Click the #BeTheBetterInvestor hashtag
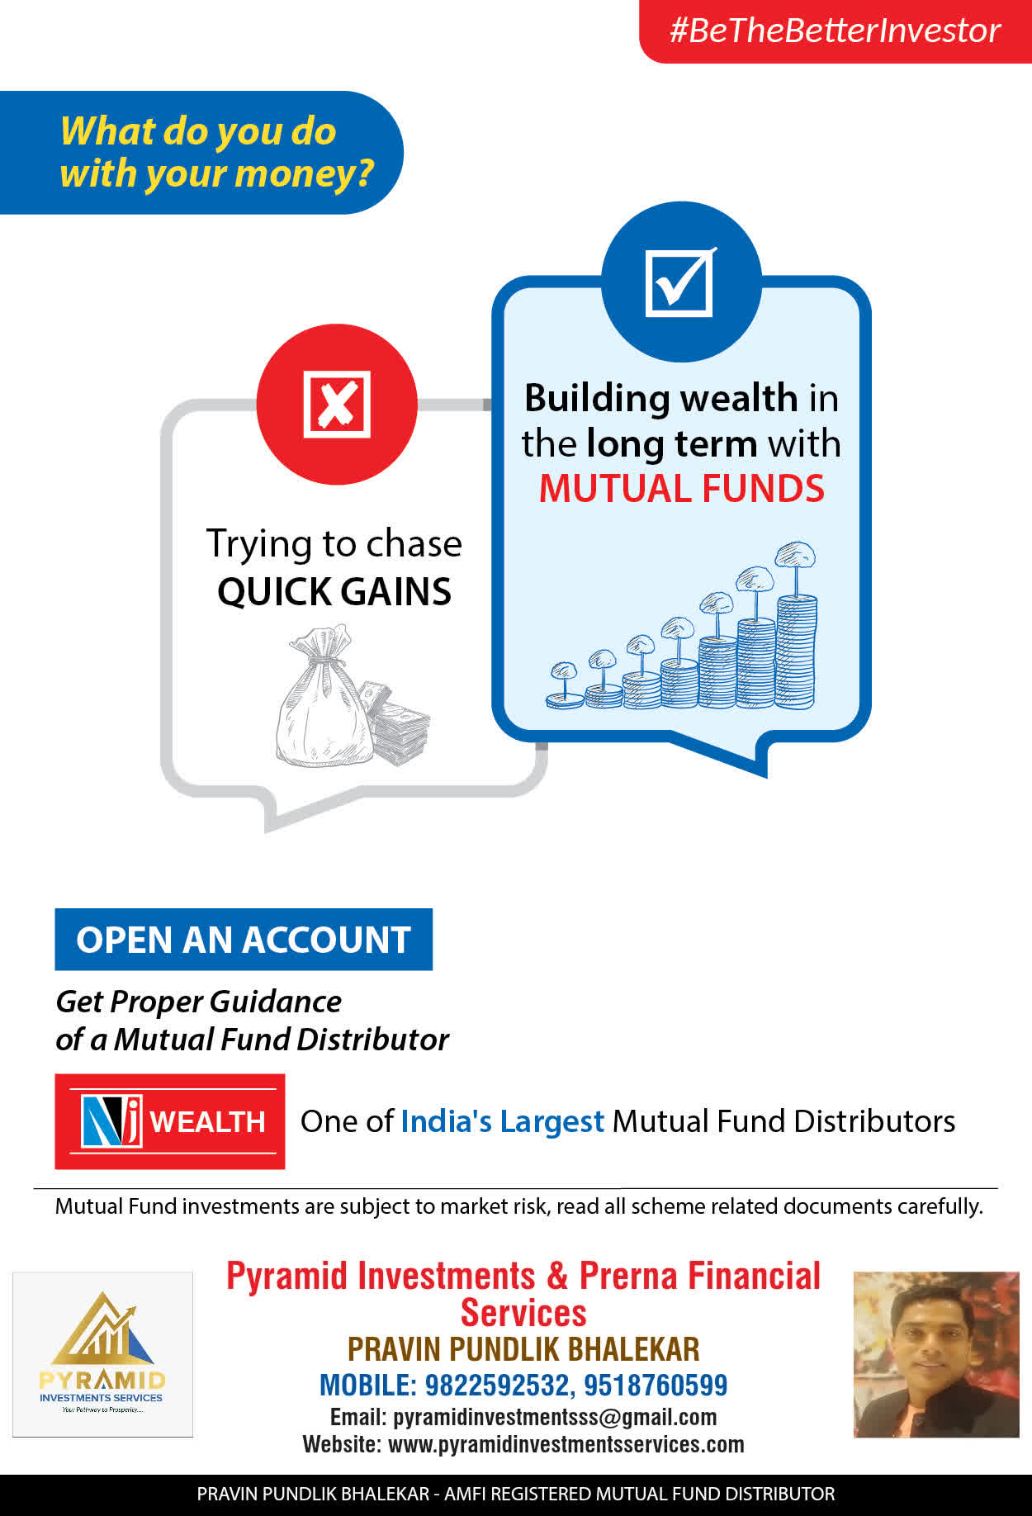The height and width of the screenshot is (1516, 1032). point(835,31)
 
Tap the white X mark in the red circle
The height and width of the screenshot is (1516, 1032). point(337,404)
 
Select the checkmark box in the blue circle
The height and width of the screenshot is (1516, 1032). point(680,282)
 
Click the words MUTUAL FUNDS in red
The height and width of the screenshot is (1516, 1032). point(682,488)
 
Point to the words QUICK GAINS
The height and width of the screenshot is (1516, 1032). point(334,591)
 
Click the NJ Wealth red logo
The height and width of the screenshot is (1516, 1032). point(170,1121)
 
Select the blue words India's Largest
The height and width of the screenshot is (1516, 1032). point(503,1121)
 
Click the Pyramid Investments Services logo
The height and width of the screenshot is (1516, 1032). point(102,1354)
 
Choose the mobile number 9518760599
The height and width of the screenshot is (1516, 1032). point(656,1385)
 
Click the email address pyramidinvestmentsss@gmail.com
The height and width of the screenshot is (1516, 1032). point(555,1417)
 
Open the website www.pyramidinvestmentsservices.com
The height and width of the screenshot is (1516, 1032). point(566,1444)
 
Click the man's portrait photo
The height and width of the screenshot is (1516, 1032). point(936,1354)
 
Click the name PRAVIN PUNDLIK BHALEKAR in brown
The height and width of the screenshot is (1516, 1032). point(523,1349)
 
